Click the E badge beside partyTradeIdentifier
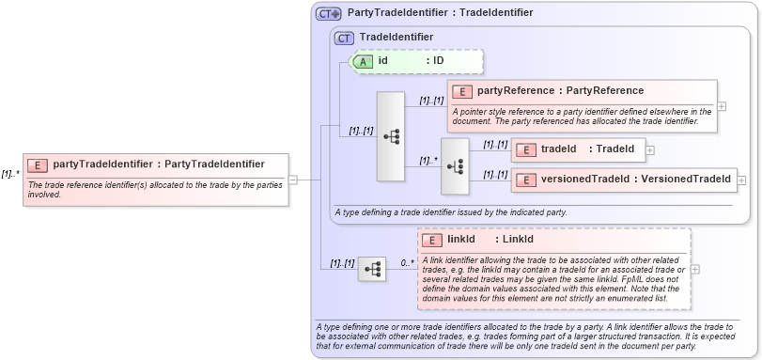point(38,164)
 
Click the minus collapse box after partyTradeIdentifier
point(293,180)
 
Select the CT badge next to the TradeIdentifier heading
point(344,38)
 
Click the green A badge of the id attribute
point(363,61)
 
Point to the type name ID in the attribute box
point(438,61)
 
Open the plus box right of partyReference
point(722,106)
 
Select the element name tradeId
point(558,149)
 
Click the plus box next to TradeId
point(649,149)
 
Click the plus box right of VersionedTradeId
point(742,180)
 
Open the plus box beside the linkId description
point(694,269)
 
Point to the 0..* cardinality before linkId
point(407,263)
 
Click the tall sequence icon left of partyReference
point(391,136)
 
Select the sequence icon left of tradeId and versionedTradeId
point(455,165)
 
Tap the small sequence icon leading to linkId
point(372,270)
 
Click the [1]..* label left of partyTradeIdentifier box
point(10,174)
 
